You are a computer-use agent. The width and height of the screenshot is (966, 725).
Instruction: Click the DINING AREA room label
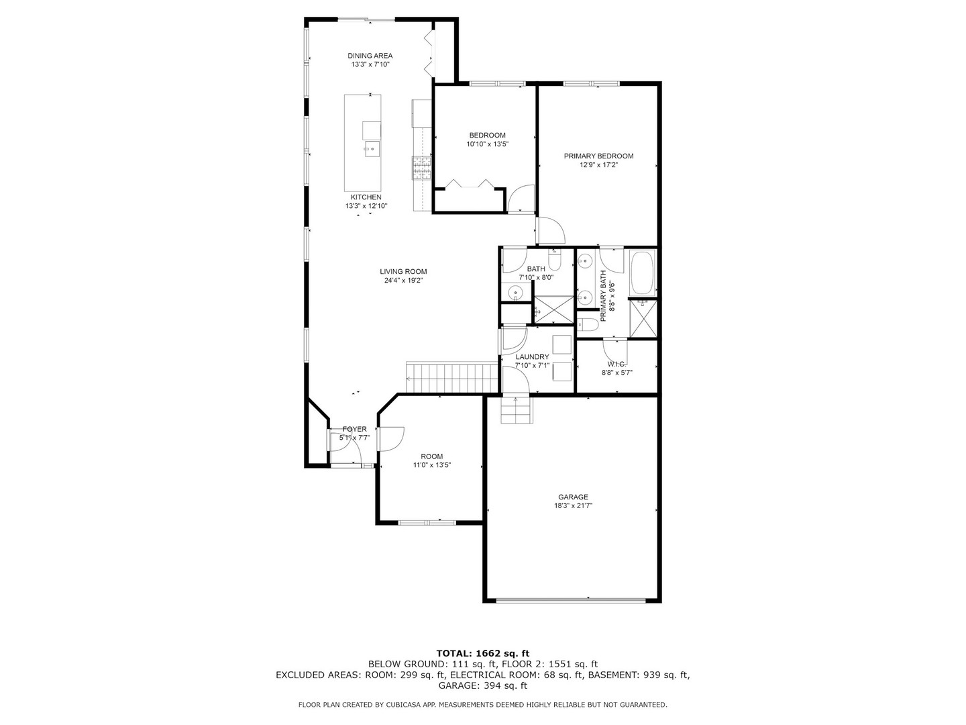click(370, 56)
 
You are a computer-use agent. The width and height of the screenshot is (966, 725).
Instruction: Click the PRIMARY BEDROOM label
click(598, 156)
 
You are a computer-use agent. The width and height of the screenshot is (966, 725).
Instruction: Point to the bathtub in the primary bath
click(643, 273)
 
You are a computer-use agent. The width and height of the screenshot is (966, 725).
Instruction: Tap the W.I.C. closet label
click(616, 364)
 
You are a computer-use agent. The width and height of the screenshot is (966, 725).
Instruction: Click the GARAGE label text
click(573, 497)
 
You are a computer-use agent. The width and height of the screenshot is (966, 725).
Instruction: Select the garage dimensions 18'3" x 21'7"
click(573, 505)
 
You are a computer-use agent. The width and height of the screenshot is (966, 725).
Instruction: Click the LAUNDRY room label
click(532, 357)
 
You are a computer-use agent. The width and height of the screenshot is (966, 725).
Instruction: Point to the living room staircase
click(451, 378)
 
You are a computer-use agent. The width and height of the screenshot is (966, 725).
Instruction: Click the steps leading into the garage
click(517, 409)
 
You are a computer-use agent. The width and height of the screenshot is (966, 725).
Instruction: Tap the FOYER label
click(354, 429)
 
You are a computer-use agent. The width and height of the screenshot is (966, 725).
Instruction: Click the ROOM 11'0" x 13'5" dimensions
click(432, 465)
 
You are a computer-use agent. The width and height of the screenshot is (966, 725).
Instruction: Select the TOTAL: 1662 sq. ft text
click(483, 653)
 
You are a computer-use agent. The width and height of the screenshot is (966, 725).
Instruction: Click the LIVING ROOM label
click(403, 272)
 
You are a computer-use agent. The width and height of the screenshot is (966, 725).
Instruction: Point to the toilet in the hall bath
click(555, 260)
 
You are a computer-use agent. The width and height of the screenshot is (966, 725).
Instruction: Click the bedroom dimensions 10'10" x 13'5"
click(487, 144)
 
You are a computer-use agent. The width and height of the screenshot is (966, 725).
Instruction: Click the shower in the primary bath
click(643, 319)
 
